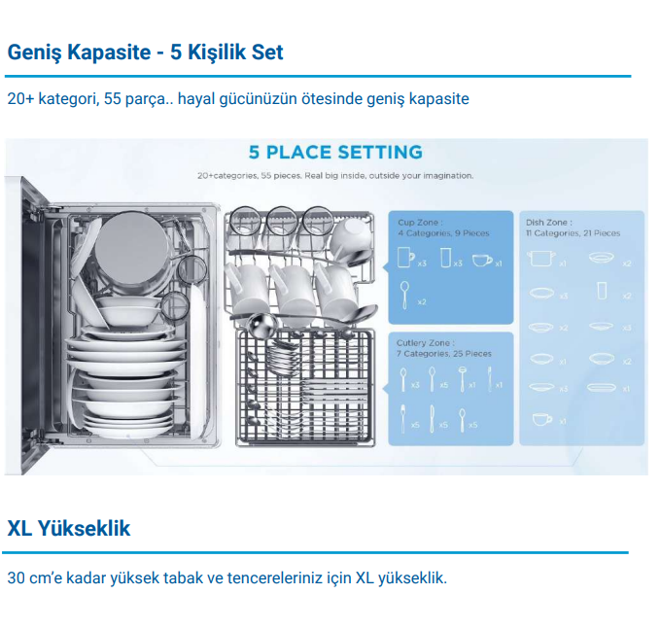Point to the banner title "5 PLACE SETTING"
tap(335, 153)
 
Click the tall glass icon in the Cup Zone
tap(445, 259)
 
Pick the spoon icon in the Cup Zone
tap(404, 292)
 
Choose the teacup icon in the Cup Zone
tap(482, 260)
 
